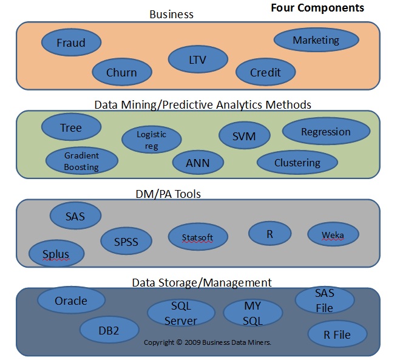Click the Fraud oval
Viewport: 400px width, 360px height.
coord(71,42)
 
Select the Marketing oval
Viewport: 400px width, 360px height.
coord(316,40)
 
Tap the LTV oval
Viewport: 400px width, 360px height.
coord(198,59)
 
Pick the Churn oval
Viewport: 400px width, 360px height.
coord(121,72)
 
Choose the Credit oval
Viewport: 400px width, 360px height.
coord(265,72)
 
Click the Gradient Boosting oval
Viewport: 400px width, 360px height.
coord(81,160)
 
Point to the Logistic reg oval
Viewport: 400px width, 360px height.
coord(151,140)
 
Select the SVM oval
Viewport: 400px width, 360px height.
coord(245,136)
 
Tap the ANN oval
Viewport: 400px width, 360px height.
coord(198,162)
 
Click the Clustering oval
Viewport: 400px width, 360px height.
coord(297,162)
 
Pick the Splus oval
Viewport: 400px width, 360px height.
coord(56,253)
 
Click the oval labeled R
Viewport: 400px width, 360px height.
coord(269,233)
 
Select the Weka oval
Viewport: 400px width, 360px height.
coord(333,234)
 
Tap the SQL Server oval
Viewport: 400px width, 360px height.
coord(181,312)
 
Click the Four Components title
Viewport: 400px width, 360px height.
coord(317,8)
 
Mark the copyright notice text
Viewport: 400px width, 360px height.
coord(207,342)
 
